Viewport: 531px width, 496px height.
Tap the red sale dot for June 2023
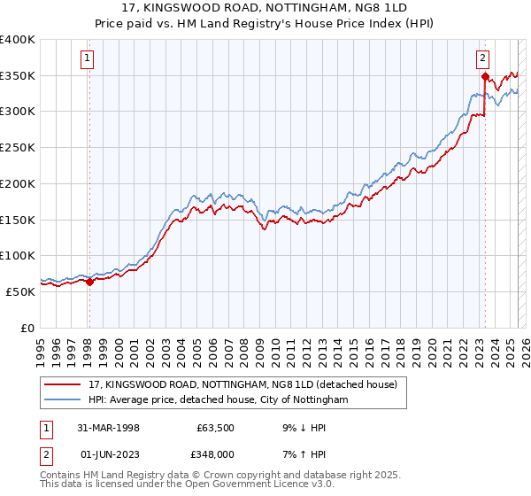coord(485,77)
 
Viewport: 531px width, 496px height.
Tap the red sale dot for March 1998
coord(89,282)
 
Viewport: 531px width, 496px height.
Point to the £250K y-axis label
coord(18,147)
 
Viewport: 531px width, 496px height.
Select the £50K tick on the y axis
coord(21,291)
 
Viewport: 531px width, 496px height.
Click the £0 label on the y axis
coord(28,327)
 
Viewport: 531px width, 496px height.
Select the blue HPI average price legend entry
coord(219,400)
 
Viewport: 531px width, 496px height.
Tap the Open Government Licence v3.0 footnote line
coord(186,486)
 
